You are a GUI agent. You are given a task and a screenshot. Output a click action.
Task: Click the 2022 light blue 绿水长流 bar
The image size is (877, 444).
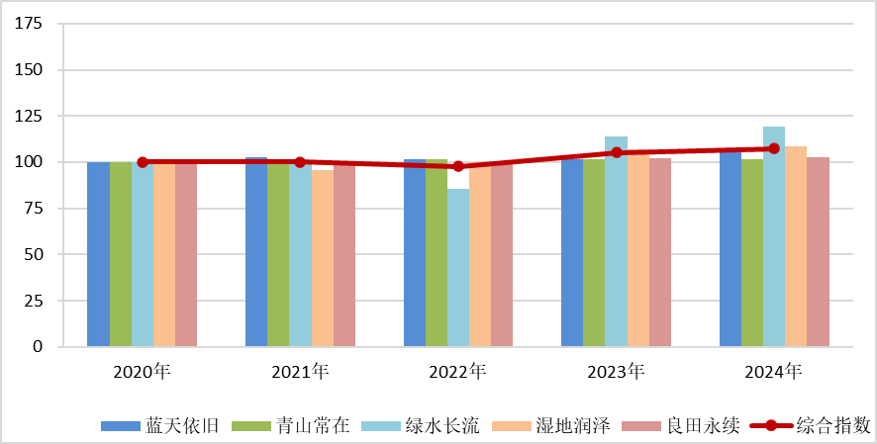[457, 267]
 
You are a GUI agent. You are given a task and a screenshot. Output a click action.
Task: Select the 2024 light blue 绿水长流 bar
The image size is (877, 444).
[774, 236]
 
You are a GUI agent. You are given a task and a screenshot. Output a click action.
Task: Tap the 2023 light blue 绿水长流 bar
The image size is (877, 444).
[616, 241]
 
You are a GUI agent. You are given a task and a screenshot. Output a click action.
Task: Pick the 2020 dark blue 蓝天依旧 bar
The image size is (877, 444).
[98, 254]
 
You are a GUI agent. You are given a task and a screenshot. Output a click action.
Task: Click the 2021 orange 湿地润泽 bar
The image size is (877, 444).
[322, 258]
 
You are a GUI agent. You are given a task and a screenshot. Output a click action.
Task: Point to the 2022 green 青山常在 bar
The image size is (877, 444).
[436, 252]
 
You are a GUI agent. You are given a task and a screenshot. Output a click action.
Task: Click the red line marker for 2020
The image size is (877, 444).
[143, 162]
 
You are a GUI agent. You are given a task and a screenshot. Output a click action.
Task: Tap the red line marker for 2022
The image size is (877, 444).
[458, 166]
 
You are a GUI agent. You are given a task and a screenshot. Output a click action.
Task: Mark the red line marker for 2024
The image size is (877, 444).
[774, 148]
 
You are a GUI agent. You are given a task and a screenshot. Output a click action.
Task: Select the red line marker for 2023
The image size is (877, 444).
[616, 152]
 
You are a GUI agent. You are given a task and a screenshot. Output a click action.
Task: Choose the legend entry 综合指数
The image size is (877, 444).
[811, 426]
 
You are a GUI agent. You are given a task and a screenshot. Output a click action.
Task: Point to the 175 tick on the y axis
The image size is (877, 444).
[29, 24]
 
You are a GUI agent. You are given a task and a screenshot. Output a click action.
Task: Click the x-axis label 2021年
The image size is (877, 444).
[300, 372]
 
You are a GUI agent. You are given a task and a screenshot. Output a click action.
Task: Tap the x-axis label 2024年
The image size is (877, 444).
[774, 372]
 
